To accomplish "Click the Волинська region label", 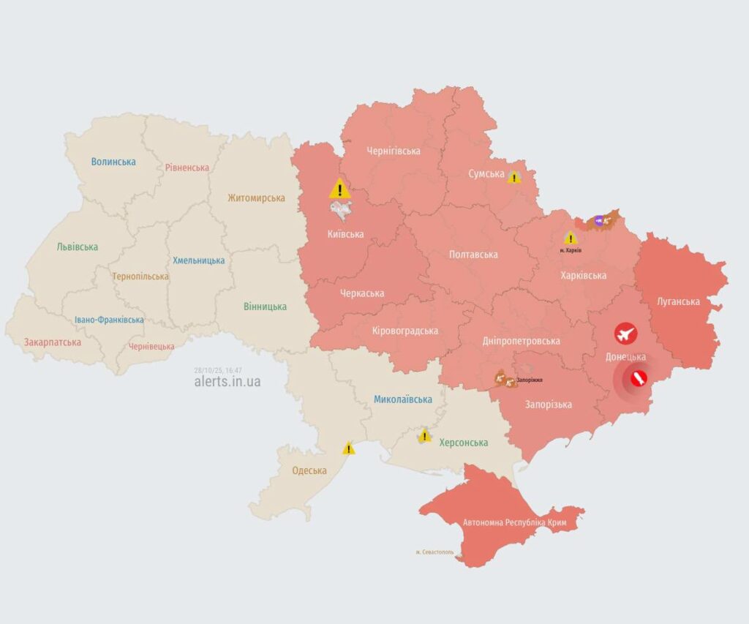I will click(x=113, y=162).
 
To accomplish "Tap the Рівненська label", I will click(x=187, y=168).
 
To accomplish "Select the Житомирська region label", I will click(x=256, y=198).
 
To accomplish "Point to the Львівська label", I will click(x=77, y=247).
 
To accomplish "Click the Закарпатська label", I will click(x=52, y=342).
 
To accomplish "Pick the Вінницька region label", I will click(x=266, y=307).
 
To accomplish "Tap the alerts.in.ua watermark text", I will click(x=227, y=382).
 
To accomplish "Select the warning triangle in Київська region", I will click(x=339, y=189).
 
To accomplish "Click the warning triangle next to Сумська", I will click(x=514, y=177).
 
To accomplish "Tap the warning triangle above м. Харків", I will click(x=571, y=238).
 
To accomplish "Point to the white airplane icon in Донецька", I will click(x=625, y=334).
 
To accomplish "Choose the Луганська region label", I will click(x=677, y=301).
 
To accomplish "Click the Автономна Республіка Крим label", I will click(x=514, y=523).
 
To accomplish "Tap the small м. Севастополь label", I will click(x=434, y=552).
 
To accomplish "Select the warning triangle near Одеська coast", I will click(x=349, y=449).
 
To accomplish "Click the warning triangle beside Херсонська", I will click(x=424, y=437).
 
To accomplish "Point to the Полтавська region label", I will click(x=473, y=255).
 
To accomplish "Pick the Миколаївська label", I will click(x=402, y=399).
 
